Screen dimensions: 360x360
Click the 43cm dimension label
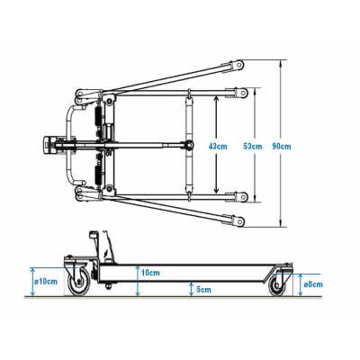[218, 147]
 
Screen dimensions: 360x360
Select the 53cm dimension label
[253, 147]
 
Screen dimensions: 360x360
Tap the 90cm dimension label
[282, 147]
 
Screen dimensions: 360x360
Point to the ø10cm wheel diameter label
[46, 282]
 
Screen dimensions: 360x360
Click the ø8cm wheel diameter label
[313, 284]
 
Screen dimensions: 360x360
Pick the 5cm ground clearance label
[203, 290]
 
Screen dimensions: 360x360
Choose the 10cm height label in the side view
[150, 273]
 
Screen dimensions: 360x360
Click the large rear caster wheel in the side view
[78, 282]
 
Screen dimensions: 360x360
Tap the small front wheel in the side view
[277, 285]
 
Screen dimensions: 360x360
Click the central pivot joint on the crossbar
[189, 145]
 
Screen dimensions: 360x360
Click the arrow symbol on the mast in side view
[105, 255]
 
